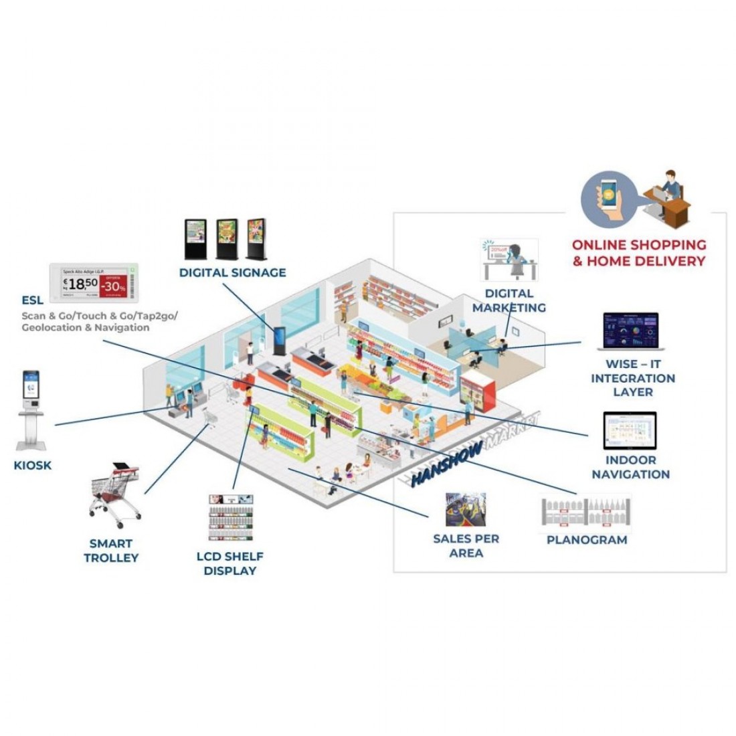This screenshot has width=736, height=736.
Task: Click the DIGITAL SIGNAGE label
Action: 232,272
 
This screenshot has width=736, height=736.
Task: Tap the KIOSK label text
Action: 32,465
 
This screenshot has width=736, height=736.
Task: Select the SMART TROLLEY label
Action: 110,550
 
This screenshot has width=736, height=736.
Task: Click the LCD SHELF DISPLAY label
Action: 229,563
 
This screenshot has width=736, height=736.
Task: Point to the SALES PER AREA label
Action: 466,545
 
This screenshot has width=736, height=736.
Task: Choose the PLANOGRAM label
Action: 587,539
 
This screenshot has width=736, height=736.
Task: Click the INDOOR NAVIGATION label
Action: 630,467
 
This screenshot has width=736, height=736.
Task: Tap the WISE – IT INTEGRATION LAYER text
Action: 632,378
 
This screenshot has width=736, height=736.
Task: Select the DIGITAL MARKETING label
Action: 509,300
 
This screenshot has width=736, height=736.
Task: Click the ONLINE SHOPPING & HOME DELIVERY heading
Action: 638,253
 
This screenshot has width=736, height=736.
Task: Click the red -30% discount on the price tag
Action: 112,284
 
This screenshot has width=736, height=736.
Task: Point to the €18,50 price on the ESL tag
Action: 80,283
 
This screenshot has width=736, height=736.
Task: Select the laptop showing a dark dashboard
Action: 630,332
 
